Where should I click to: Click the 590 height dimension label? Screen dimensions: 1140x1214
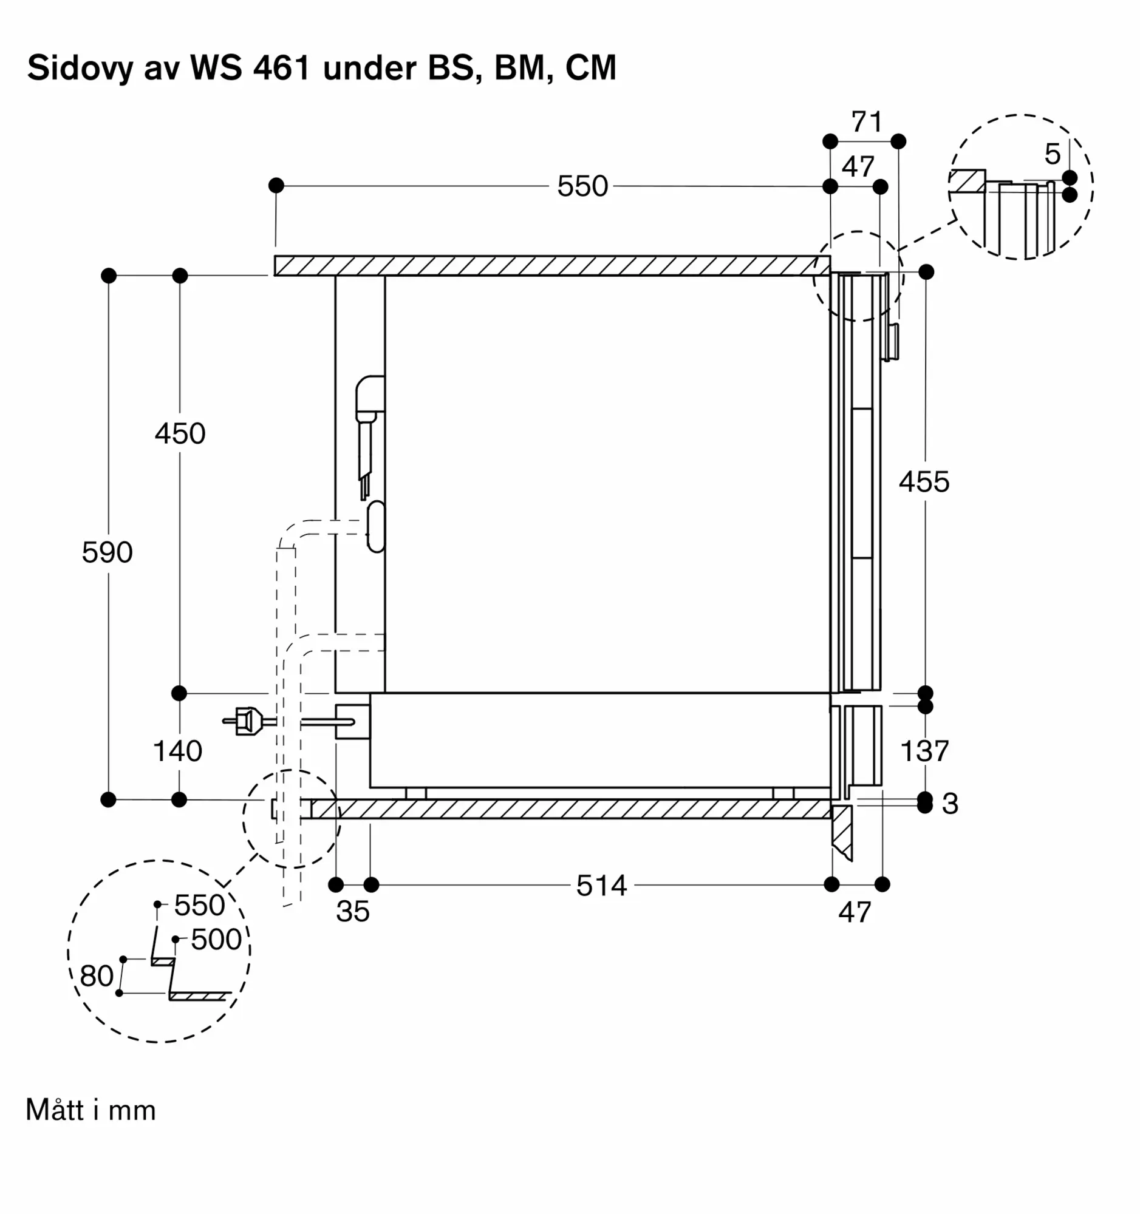(108, 552)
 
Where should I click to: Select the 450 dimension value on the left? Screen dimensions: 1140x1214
(180, 433)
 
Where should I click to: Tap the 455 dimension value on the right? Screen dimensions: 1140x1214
(924, 482)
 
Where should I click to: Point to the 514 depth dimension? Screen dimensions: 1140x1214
(602, 886)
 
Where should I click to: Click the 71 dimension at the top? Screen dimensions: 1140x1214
(867, 122)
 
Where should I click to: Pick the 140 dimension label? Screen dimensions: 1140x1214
(178, 750)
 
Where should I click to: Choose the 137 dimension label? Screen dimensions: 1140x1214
(925, 750)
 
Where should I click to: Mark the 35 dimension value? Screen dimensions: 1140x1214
(353, 911)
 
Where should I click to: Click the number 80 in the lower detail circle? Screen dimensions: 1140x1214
(97, 976)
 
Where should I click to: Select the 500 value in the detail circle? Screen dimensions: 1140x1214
(217, 939)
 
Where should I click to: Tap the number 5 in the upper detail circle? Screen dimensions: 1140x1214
(1052, 154)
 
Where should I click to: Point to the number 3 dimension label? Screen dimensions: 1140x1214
(950, 804)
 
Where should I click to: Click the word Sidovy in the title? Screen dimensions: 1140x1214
(80, 68)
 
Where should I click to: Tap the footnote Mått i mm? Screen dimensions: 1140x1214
(91, 1110)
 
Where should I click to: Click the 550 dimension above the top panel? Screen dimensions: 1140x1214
(583, 186)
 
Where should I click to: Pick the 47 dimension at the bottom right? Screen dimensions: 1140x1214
(855, 912)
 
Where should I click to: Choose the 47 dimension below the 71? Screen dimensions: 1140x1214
(858, 166)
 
